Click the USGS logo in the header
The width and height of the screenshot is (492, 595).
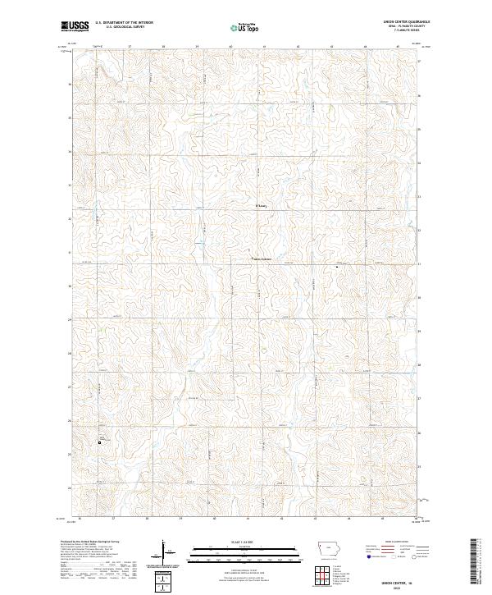[75, 26]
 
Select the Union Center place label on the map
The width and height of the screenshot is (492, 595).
[261, 261]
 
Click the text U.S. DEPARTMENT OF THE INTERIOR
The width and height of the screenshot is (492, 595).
[125, 23]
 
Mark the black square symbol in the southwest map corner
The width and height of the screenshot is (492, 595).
[100, 443]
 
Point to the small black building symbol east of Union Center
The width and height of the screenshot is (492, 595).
[336, 266]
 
